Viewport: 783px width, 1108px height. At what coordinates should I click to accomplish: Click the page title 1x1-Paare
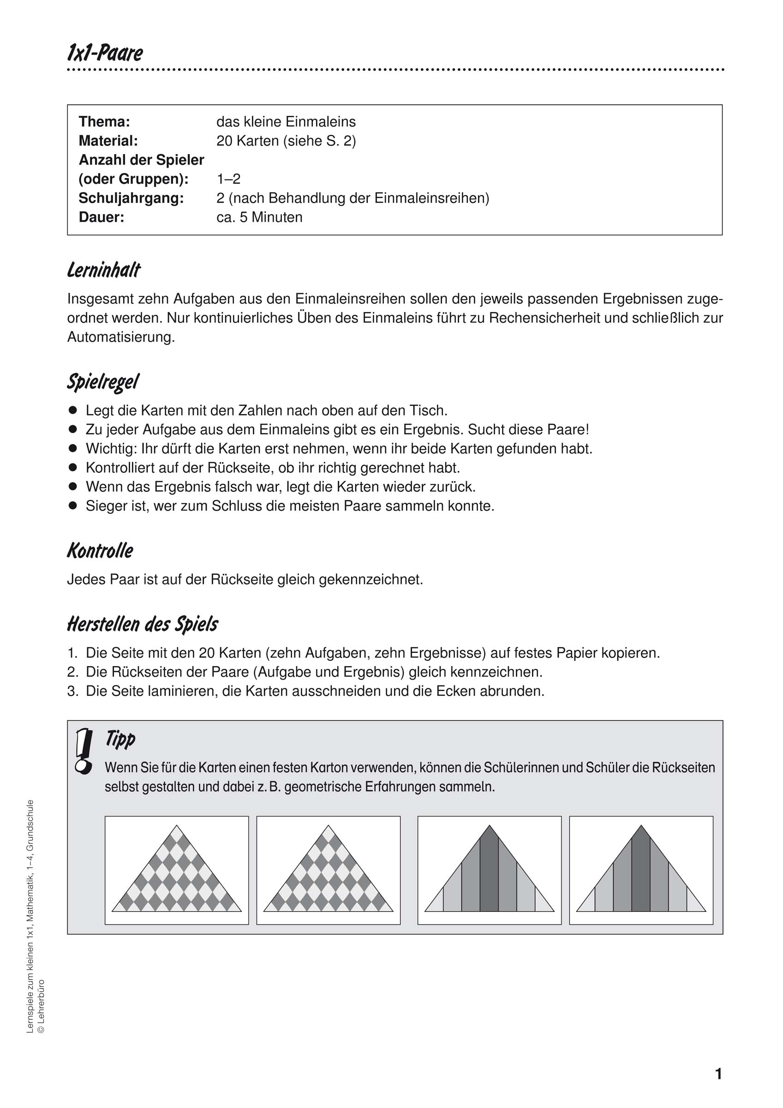pos(105,53)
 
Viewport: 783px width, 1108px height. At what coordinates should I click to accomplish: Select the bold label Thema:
pos(104,121)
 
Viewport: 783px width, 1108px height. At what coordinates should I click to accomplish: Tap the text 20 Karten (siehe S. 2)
pos(286,141)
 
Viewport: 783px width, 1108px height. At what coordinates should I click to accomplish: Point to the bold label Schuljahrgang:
pos(131,199)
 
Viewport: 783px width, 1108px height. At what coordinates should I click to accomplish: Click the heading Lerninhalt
pos(104,270)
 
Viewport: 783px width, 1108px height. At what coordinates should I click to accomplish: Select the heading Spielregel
pos(103,382)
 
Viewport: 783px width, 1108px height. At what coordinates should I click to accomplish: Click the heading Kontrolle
pos(100,551)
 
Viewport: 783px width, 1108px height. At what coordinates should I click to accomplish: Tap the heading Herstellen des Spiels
pos(142,625)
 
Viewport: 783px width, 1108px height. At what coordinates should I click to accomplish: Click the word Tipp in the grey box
pos(120,739)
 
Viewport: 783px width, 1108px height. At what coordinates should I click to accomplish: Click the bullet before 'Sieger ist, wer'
pos(73,506)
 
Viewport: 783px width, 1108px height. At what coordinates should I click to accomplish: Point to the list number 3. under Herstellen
pos(72,692)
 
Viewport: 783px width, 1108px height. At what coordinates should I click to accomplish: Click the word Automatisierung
pos(120,337)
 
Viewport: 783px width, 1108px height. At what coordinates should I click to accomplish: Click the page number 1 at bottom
pos(718,1074)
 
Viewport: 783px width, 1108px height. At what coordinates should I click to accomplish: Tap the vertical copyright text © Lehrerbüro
pos(41,1006)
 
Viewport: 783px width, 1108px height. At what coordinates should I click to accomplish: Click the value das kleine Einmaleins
pos(286,121)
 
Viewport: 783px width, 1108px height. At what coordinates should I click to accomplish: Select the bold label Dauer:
pos(102,217)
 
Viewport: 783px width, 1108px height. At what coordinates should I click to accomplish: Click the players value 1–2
pos(228,179)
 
